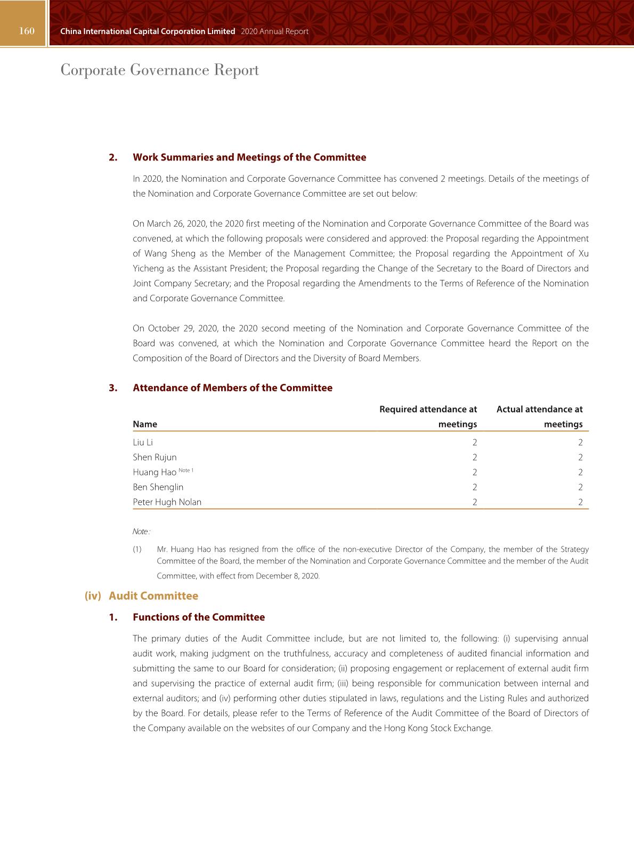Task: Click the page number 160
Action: pyautogui.click(x=27, y=31)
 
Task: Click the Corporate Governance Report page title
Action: pyautogui.click(x=159, y=70)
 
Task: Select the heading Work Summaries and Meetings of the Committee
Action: pyautogui.click(x=249, y=157)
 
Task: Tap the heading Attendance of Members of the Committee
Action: pyautogui.click(x=232, y=388)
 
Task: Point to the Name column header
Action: pyautogui.click(x=145, y=424)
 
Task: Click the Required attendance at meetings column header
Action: pyautogui.click(x=428, y=416)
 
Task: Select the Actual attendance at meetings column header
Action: pyautogui.click(x=539, y=416)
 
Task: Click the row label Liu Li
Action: pyautogui.click(x=143, y=442)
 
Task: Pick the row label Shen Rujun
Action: pyautogui.click(x=155, y=457)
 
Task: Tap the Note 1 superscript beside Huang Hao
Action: pyautogui.click(x=186, y=470)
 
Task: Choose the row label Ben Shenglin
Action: pyautogui.click(x=158, y=487)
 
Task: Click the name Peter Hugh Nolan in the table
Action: pyautogui.click(x=167, y=502)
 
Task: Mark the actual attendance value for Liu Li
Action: pyautogui.click(x=580, y=442)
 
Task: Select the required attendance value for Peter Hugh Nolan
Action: pyautogui.click(x=474, y=502)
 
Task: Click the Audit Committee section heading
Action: pyautogui.click(x=153, y=596)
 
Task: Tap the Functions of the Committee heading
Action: pyautogui.click(x=198, y=617)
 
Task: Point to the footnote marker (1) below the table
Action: pyautogui.click(x=137, y=549)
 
